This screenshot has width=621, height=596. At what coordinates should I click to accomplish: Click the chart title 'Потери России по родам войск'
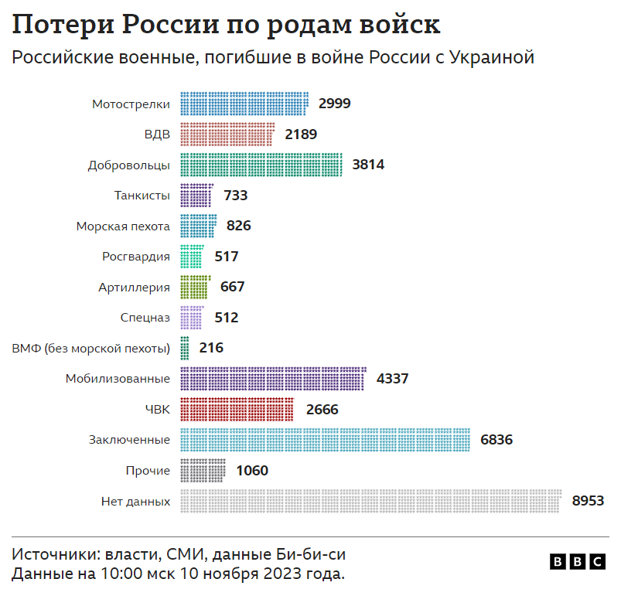tap(225, 25)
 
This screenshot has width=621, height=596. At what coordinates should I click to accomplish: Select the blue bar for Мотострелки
tap(244, 104)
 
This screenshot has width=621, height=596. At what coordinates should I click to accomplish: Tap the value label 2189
tap(301, 134)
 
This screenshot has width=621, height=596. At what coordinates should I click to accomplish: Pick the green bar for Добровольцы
tap(261, 164)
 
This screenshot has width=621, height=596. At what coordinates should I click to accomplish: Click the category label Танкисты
tap(142, 196)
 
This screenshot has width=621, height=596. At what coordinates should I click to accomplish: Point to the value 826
tap(238, 226)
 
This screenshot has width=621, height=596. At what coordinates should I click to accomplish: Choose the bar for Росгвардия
tap(191, 256)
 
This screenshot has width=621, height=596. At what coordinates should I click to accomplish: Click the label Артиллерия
tap(134, 287)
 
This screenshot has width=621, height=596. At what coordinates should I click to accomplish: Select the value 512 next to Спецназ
tap(226, 317)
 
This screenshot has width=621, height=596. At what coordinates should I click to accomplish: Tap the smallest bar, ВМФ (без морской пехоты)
tap(184, 348)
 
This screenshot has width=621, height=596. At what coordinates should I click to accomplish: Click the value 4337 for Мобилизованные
tap(392, 379)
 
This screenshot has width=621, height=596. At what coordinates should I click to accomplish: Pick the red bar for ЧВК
tap(237, 409)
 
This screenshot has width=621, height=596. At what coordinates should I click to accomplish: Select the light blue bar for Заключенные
tap(326, 440)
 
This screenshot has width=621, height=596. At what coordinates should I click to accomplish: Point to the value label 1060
tap(252, 470)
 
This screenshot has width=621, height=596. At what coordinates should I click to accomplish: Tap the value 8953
tap(588, 501)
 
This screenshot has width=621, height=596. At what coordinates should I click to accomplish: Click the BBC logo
tap(578, 562)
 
